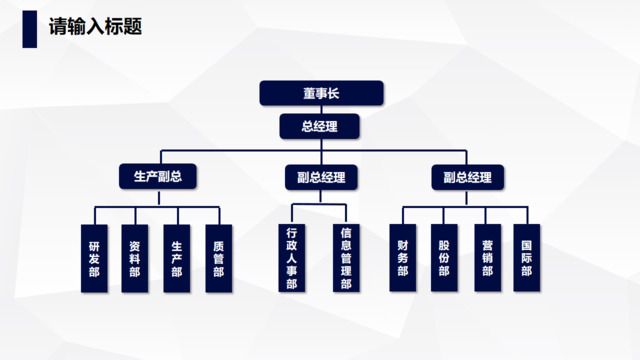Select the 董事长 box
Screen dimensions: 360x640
pos(320,94)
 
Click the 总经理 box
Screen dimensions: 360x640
pos(320,127)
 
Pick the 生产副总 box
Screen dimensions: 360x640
pos(157,178)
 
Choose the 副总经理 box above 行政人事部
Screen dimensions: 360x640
pos(320,178)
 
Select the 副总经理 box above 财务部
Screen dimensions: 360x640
pos(468,178)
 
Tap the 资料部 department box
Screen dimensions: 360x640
pos(135,258)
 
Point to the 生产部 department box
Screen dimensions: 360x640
pos(177,258)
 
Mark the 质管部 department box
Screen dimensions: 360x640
pos(218,258)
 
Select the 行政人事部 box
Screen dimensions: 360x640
pos(291,258)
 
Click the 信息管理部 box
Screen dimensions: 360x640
pos(345,258)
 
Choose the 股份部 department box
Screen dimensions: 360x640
pos(444,258)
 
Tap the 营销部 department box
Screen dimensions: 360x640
pos(486,258)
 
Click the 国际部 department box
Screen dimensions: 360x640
pos(527,258)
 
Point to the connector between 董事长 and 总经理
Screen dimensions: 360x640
pos(320,110)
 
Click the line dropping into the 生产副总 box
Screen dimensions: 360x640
pos(157,158)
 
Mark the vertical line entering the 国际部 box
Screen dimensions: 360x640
pos(527,215)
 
